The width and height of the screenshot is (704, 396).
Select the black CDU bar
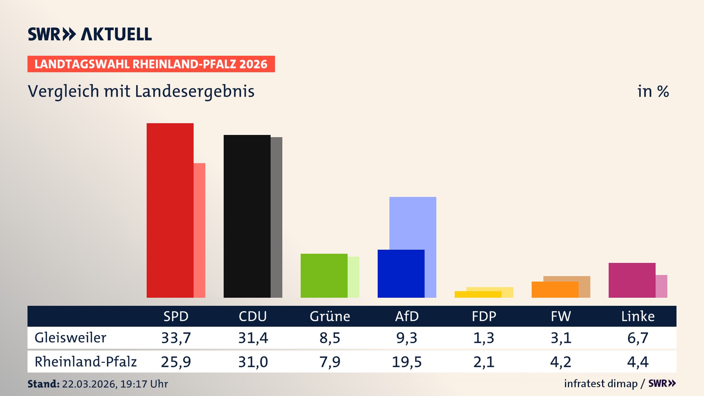247,216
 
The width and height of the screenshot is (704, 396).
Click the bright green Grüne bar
324,275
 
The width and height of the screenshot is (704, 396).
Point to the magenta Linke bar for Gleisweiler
632,280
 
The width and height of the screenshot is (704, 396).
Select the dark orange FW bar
555,290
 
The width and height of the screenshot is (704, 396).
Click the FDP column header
484,316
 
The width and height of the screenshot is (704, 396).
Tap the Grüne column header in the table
330,316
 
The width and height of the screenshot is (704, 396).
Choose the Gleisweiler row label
70,338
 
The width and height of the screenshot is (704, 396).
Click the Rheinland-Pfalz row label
85,362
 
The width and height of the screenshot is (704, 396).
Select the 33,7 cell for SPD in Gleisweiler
176,338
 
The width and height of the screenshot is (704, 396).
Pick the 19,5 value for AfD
407,362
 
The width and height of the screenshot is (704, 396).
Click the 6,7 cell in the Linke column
638,338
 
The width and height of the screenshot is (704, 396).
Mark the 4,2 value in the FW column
561,362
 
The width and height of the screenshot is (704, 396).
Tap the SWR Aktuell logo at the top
90,34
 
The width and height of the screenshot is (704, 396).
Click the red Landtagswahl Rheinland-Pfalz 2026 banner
151,64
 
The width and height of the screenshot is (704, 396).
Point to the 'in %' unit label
653,91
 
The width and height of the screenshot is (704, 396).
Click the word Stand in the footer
43,384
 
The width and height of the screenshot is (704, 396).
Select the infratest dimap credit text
601,384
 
